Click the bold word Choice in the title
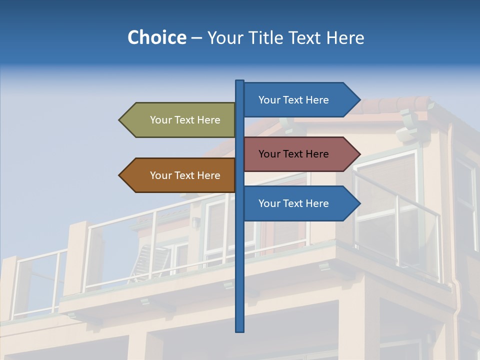tap(156, 37)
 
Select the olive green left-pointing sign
tap(180, 120)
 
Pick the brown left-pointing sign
tap(180, 175)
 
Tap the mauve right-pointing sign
tap(297, 154)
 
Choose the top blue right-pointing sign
tap(297, 100)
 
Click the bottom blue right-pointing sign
tap(297, 203)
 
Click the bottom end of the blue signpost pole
tap(240, 330)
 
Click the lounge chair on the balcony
tap(142, 260)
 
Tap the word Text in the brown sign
tap(185, 175)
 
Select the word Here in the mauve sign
tap(316, 154)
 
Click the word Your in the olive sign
tap(160, 120)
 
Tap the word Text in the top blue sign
tap(293, 100)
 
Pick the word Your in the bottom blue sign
tap(269, 203)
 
